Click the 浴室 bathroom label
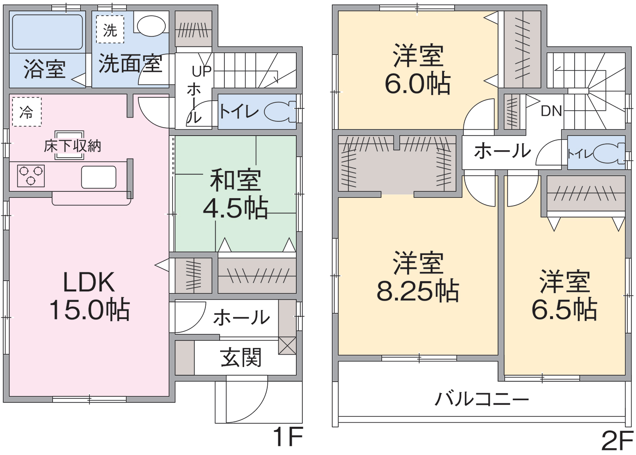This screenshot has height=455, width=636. [45, 69]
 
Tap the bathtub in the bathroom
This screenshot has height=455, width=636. [48, 32]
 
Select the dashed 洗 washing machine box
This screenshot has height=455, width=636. [110, 29]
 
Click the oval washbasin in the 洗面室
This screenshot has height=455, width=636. [151, 26]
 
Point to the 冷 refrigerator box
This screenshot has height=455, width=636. [27, 112]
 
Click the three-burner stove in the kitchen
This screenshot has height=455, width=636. [30, 176]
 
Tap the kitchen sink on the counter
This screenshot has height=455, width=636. [98, 177]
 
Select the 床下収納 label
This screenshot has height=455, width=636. [72, 146]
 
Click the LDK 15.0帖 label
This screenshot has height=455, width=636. [90, 296]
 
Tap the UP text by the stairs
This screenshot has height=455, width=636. [202, 71]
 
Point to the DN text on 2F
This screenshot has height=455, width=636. [552, 111]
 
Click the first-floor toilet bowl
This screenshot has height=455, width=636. [280, 112]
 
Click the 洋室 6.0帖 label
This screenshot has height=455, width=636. [417, 69]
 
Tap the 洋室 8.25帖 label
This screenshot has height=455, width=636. [418, 276]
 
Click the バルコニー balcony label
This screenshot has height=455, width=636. [482, 399]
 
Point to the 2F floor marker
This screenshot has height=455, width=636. [618, 441]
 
